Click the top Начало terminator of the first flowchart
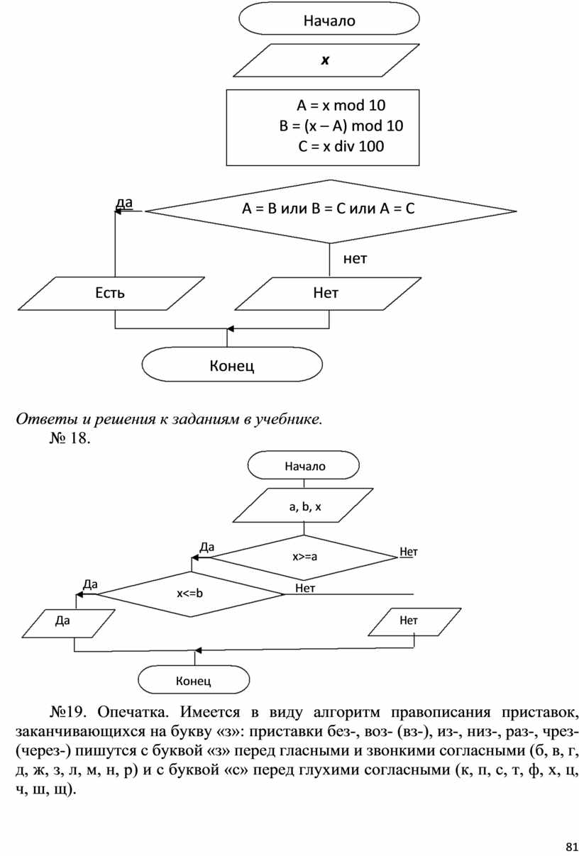click(x=329, y=21)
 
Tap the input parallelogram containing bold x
click(x=324, y=61)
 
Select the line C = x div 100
click(x=341, y=147)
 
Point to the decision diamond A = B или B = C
click(x=329, y=209)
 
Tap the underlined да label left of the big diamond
click(x=124, y=204)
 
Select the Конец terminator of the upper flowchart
click(x=233, y=366)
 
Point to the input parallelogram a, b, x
click(x=304, y=506)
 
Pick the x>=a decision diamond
click(x=304, y=557)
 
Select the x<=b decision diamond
click(x=190, y=593)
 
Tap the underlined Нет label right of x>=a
click(x=409, y=551)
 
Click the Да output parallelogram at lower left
click(x=63, y=622)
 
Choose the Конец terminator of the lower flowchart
click(x=194, y=681)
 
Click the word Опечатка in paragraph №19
click(x=135, y=711)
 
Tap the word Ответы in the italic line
click(x=40, y=419)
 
